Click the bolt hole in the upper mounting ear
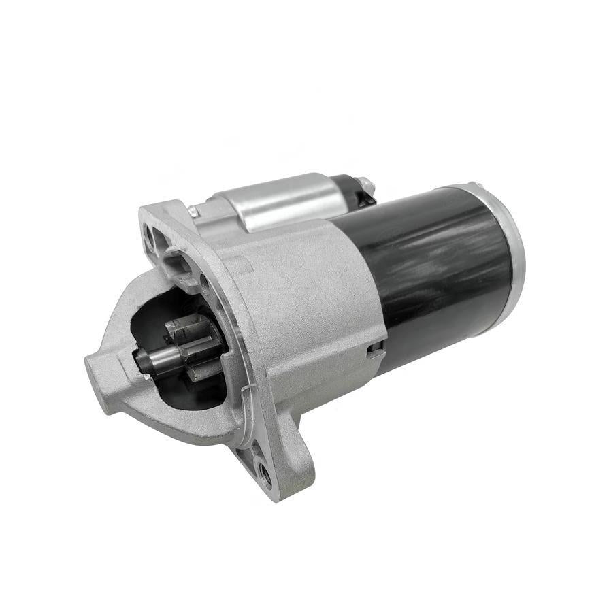[149, 235]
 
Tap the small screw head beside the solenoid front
[193, 212]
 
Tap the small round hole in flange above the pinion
[203, 278]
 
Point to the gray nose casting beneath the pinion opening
[170, 422]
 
